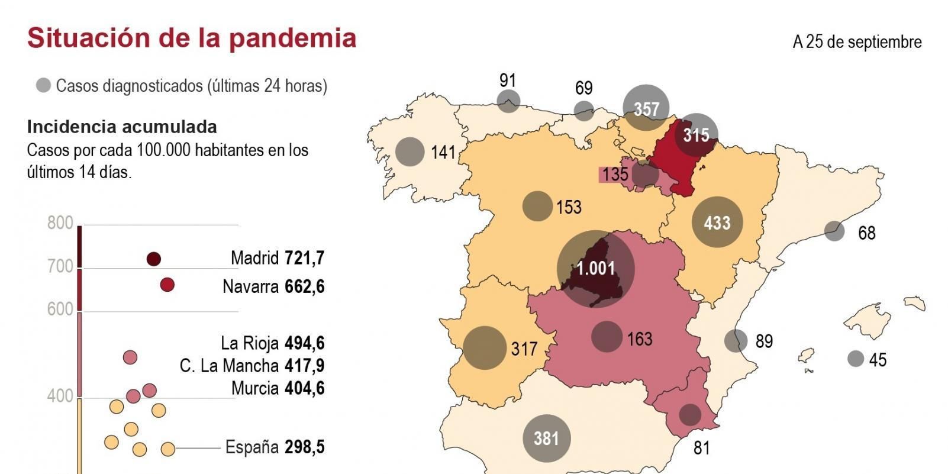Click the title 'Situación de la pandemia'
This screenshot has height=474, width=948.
tap(192, 38)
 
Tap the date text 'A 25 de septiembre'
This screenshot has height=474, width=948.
tap(857, 42)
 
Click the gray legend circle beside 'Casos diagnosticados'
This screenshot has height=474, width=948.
tap(43, 86)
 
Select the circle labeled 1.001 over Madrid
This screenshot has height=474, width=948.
tap(596, 269)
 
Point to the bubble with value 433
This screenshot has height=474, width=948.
tap(717, 223)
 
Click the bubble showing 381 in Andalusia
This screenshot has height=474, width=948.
tap(546, 438)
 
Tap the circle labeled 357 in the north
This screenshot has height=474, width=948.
tap(646, 108)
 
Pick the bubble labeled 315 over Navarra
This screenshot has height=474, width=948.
tap(696, 135)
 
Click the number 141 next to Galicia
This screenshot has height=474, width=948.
tap(443, 152)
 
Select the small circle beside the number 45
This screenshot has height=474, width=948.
tap(855, 359)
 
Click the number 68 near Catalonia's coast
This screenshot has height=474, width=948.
tap(866, 233)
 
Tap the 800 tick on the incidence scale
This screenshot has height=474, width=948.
tap(60, 224)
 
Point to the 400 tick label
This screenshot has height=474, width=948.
tap(60, 396)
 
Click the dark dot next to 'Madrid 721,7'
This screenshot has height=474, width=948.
tap(154, 259)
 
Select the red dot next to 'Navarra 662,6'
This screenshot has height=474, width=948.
tap(167, 285)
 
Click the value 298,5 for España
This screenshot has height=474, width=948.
tap(304, 447)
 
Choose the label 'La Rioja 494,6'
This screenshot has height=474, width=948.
tap(272, 343)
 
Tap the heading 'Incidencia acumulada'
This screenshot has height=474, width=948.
tap(122, 127)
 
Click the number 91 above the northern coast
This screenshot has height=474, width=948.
tap(508, 80)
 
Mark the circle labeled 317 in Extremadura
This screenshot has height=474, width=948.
tap(485, 348)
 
